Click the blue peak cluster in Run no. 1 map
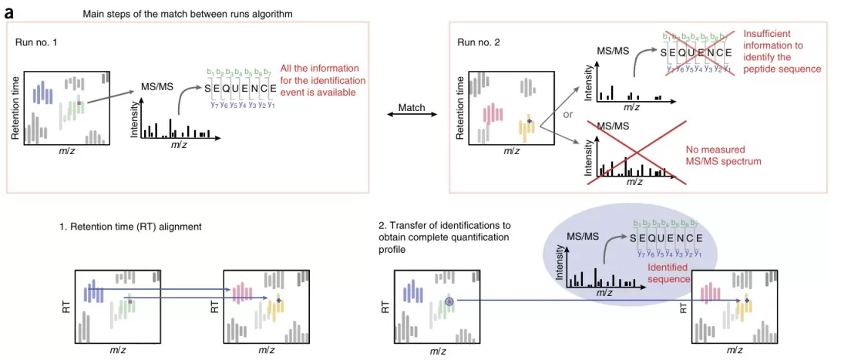click(x=42, y=94)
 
